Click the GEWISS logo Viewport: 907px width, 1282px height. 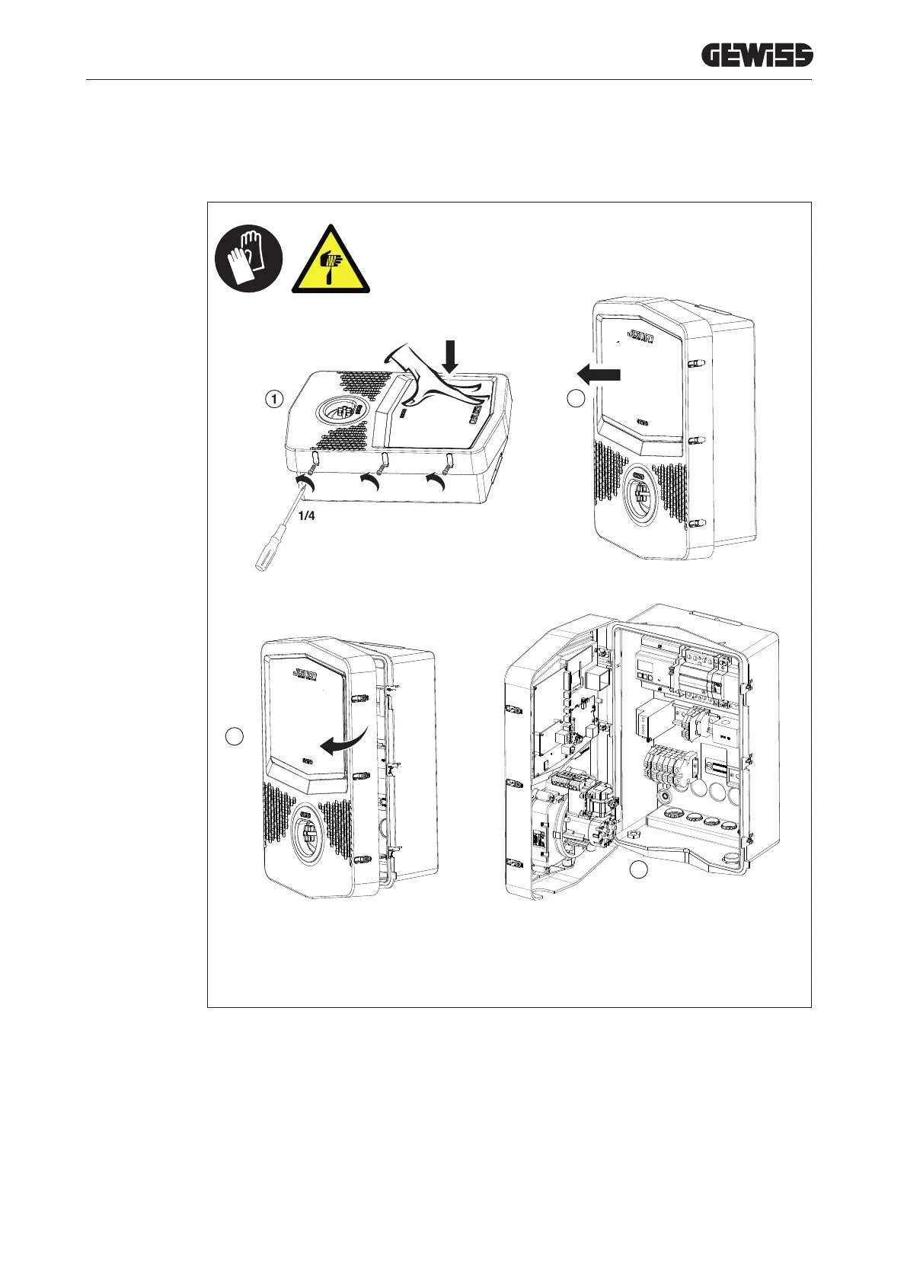coord(756,56)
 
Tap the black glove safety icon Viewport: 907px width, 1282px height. coord(249,258)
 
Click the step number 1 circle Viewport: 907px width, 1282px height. coord(275,398)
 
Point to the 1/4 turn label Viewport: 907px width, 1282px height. coord(306,516)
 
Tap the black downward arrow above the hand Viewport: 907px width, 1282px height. coord(451,356)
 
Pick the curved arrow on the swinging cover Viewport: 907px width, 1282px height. coord(343,741)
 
